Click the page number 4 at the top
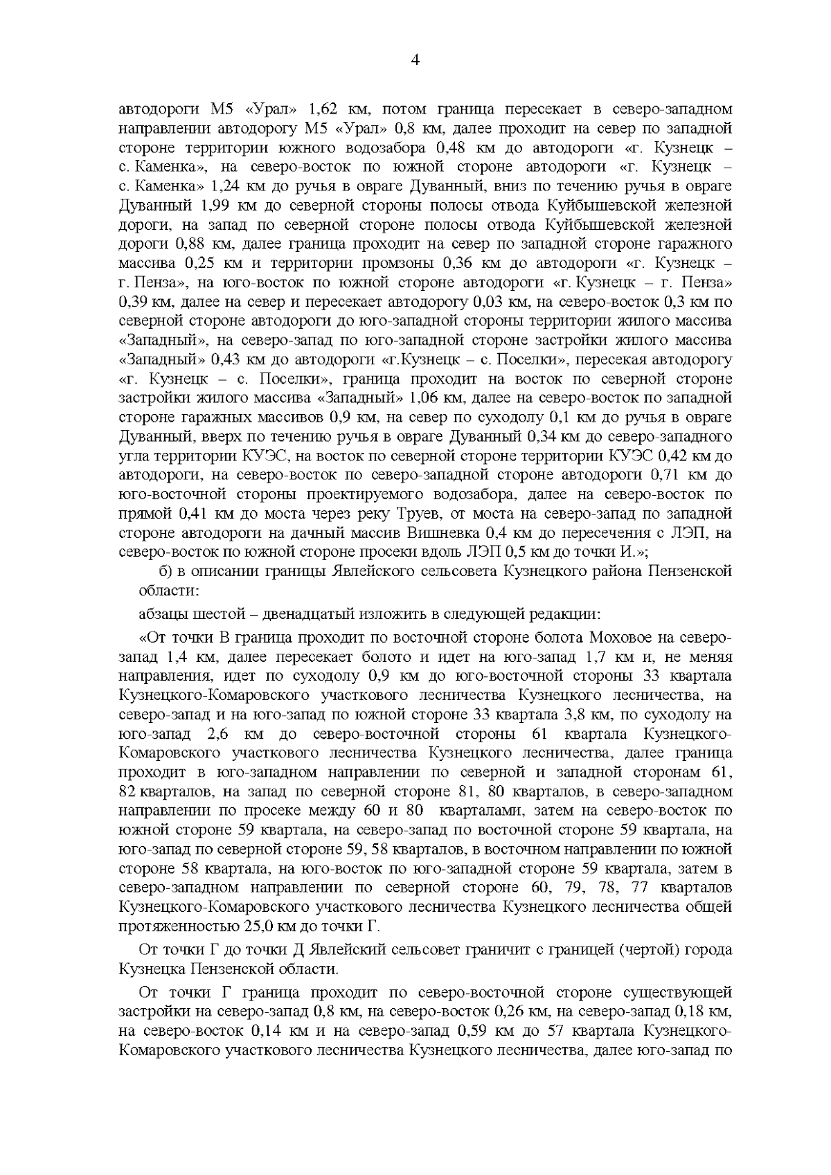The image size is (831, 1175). pos(415,60)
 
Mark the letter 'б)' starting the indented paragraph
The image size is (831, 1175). pos(165,572)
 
